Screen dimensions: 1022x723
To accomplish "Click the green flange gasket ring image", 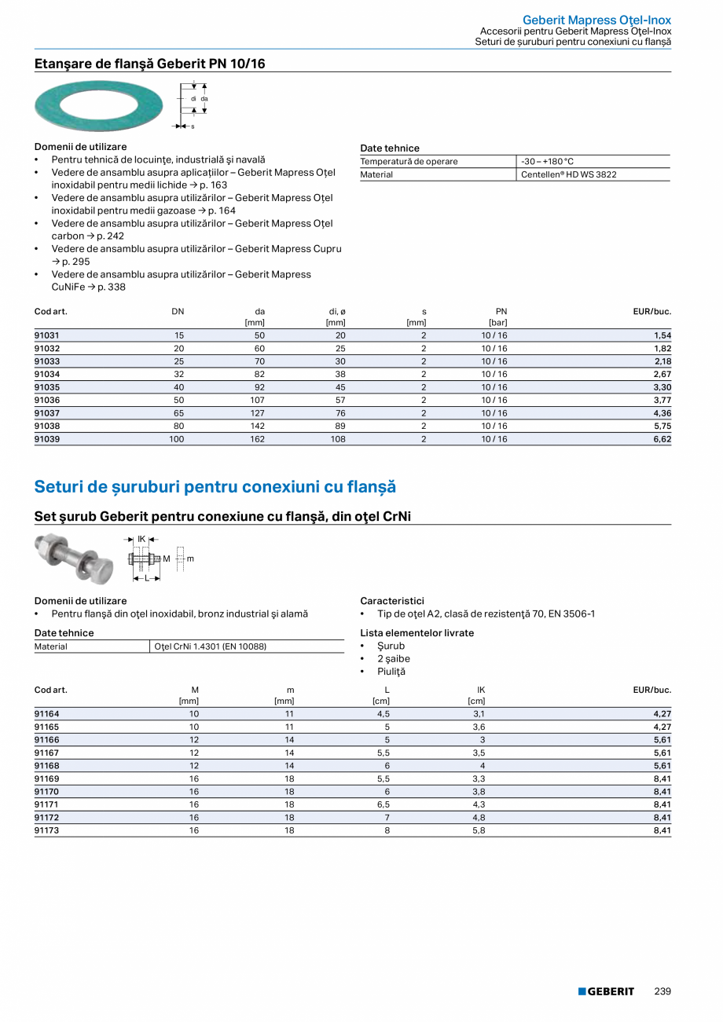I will click(x=99, y=105).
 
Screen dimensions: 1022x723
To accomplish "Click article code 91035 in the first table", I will click(x=47, y=387).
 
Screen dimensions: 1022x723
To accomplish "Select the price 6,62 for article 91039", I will click(x=662, y=439).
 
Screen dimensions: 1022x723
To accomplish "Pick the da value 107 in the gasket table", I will click(x=256, y=400).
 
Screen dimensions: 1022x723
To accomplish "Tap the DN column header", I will click(x=178, y=311).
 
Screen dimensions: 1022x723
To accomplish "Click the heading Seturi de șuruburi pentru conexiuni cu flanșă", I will click(x=215, y=487).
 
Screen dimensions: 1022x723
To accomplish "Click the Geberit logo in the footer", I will click(x=606, y=991).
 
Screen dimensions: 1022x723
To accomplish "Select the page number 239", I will click(x=662, y=991).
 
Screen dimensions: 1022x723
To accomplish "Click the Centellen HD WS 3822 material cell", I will click(x=569, y=174).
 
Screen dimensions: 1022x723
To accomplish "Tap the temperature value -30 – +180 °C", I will click(x=548, y=161).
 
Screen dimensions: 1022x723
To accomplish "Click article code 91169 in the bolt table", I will click(x=47, y=778).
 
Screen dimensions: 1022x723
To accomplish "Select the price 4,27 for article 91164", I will click(x=662, y=714).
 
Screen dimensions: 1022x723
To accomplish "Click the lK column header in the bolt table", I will click(x=481, y=690).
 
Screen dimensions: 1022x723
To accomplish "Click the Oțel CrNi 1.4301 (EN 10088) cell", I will click(x=211, y=647).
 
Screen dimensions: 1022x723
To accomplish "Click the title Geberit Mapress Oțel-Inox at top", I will click(x=596, y=20).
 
